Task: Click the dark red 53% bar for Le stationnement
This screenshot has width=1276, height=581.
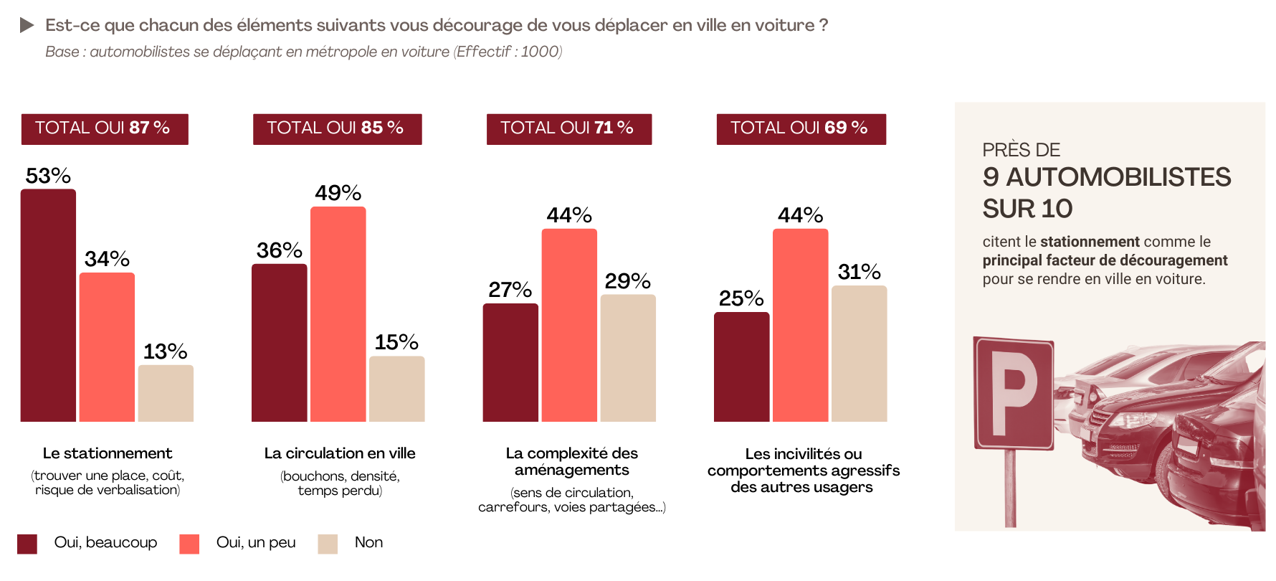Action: pos(48,305)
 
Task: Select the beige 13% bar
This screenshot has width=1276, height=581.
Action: pos(166,393)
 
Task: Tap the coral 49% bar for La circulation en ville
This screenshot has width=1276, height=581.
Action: pos(338,313)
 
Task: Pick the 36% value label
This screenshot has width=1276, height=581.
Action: pos(279,250)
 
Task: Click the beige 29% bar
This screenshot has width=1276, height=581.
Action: pos(628,358)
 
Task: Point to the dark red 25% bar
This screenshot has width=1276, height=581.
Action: pos(741,367)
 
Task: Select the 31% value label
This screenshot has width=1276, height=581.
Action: pos(859,272)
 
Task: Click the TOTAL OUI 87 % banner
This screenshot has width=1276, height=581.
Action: pos(105,128)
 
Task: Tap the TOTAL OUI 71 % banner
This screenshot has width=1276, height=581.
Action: pos(568,128)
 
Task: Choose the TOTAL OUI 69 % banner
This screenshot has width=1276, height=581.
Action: pos(801,128)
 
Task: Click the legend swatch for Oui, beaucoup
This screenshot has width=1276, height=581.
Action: pos(27,544)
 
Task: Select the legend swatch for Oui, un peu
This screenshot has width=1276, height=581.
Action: pos(189,544)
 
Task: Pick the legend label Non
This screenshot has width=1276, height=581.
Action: pos(368,542)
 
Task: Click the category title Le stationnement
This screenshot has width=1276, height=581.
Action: pos(108,453)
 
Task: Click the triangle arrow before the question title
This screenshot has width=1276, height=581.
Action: pos(27,26)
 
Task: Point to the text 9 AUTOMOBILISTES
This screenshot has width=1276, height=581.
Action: pos(1106,177)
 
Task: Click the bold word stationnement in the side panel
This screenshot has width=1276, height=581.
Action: pos(1089,242)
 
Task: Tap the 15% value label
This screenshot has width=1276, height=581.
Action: pos(396,342)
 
